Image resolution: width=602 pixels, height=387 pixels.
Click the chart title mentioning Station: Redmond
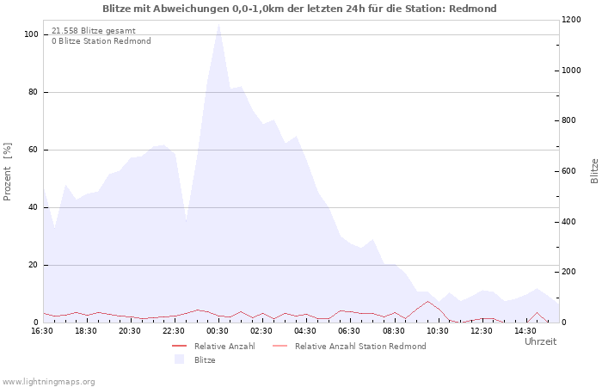coord(299,9)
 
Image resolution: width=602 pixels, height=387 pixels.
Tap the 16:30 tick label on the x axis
coord(42,330)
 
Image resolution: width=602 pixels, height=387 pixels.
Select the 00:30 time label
coord(218,330)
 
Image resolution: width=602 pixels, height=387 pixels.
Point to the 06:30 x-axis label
coord(349,330)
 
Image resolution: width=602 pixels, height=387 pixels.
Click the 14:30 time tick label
coord(525,330)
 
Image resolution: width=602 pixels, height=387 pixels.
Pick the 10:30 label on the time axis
coord(437,330)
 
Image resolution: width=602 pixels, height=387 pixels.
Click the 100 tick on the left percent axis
coord(31,34)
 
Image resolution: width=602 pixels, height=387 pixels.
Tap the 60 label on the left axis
coord(34,150)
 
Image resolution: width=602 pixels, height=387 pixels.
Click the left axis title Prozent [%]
coord(8,172)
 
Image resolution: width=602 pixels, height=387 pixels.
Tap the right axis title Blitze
coord(594,170)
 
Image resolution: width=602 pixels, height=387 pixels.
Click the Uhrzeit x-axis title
coord(540,341)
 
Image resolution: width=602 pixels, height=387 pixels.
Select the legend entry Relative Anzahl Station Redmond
coord(359,347)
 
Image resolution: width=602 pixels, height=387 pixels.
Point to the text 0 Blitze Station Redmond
coord(101,41)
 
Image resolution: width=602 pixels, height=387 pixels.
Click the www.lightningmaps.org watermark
coord(48,381)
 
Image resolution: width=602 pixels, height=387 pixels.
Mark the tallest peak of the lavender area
coord(218,24)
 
